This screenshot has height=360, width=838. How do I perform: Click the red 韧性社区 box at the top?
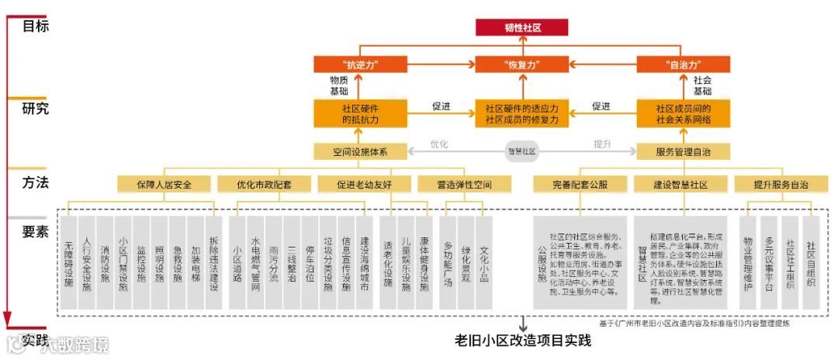522,27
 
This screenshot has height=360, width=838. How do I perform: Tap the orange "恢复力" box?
521,65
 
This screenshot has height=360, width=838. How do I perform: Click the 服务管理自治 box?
683,151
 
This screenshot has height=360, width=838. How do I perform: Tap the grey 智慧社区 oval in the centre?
522,151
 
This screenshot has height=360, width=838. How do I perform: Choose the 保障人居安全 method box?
164,185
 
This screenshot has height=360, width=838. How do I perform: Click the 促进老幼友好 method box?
364,185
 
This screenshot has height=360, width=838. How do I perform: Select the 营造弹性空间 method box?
464,185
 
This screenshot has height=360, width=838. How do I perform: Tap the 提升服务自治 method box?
781,185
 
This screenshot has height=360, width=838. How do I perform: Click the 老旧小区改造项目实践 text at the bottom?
522,340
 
